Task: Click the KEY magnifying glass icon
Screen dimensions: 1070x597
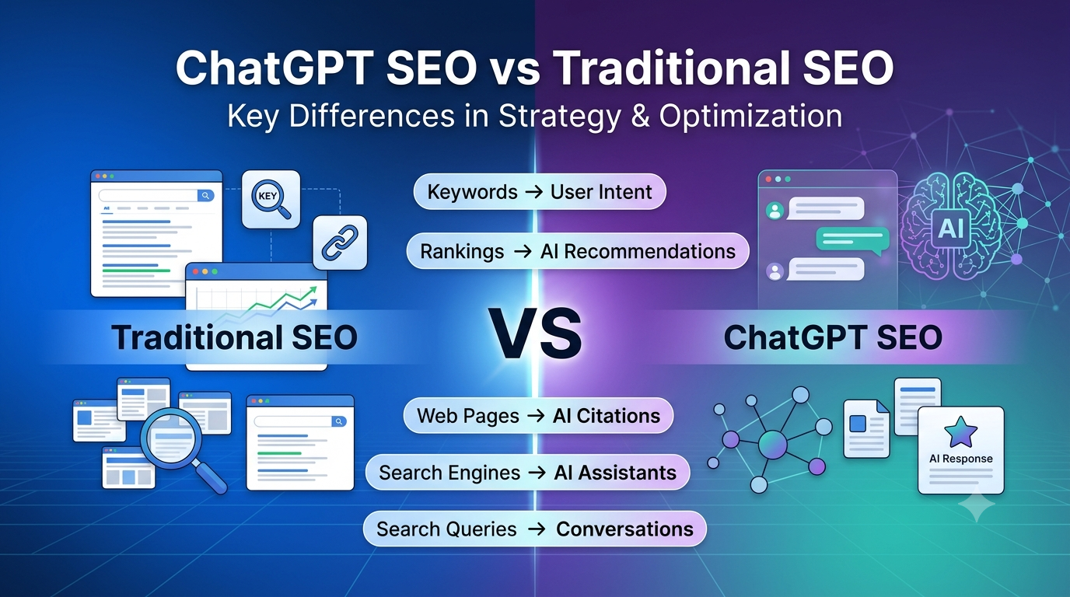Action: (x=271, y=199)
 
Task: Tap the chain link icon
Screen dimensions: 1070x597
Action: (x=340, y=243)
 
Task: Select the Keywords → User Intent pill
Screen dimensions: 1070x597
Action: (x=540, y=192)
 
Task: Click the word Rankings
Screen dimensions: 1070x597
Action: (x=462, y=252)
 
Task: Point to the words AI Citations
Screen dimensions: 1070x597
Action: (x=607, y=416)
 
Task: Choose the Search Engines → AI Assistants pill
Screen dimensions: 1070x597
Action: (x=527, y=473)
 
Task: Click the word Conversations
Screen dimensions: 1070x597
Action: (x=624, y=529)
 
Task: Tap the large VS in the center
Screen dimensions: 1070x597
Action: (x=535, y=336)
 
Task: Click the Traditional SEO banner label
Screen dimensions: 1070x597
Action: (x=235, y=337)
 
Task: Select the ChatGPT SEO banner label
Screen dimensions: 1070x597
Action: (x=833, y=337)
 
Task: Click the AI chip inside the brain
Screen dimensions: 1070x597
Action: (x=950, y=229)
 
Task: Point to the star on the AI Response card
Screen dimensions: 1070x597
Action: (x=960, y=431)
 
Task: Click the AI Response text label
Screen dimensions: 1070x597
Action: (x=960, y=459)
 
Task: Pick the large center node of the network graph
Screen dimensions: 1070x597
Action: (x=772, y=445)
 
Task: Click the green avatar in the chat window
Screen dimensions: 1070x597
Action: (x=775, y=211)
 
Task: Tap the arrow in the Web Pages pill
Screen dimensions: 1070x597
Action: (x=536, y=416)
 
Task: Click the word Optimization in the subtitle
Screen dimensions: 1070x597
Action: (x=750, y=116)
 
